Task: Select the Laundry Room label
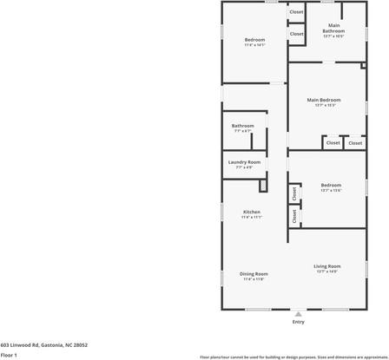[x=244, y=162]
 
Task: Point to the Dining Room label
[x=254, y=274]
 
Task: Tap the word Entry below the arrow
[x=299, y=322]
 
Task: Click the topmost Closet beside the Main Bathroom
[x=296, y=12]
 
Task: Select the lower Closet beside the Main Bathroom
[x=296, y=34]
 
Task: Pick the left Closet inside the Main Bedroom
[x=333, y=143]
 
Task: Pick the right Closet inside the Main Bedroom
[x=355, y=143]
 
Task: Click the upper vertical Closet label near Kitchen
[x=294, y=193]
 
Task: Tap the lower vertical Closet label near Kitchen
[x=294, y=216]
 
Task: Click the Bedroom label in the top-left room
[x=254, y=40]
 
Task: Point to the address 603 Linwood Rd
[x=44, y=344]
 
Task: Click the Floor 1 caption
[x=10, y=355]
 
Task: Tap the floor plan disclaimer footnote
[x=293, y=356]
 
